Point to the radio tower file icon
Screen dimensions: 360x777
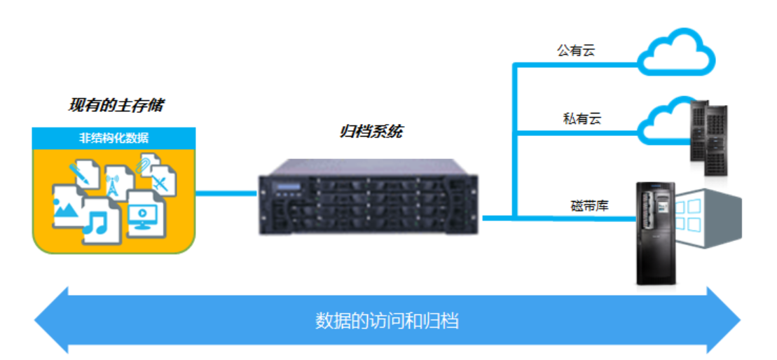115,181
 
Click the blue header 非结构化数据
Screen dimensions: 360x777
114,137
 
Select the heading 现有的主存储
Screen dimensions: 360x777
116,106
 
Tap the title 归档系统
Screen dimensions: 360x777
371,131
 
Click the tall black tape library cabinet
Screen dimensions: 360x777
654,233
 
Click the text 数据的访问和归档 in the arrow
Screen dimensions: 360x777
387,321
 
